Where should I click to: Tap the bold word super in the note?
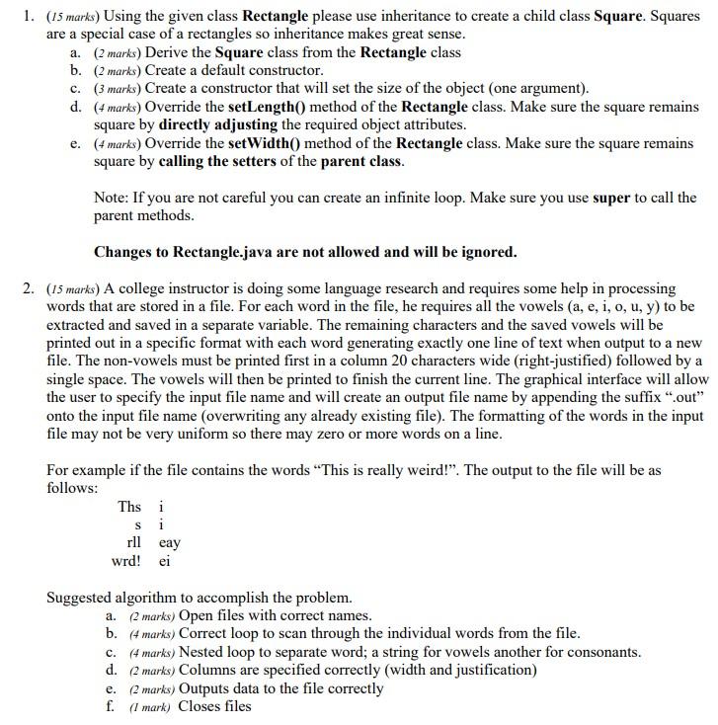tap(611, 198)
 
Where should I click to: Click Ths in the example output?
tap(129, 507)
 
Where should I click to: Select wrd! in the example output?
tap(126, 561)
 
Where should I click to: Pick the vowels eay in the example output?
tap(169, 543)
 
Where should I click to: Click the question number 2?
tap(29, 288)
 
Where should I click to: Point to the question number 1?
tap(29, 16)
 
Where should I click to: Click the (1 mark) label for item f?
tap(148, 707)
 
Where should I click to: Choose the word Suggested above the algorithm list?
tap(83, 598)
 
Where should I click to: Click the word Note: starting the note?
tap(113, 198)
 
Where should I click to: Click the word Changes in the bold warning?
tap(124, 252)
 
